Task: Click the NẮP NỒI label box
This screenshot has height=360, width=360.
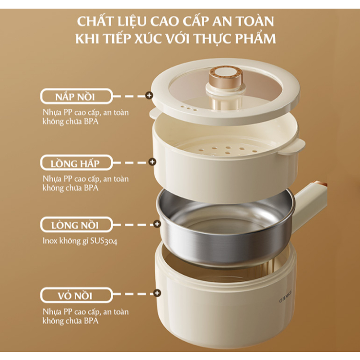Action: pyautogui.click(x=76, y=96)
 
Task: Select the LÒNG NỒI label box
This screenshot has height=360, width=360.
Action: pyautogui.click(x=76, y=224)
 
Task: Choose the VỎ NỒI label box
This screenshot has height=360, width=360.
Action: pyautogui.click(x=76, y=295)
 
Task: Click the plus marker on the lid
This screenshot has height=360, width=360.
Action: pyautogui.click(x=149, y=95)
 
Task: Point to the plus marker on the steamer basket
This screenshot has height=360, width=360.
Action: pyautogui.click(x=152, y=162)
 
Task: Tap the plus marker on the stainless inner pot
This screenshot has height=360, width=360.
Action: pyautogui.click(x=157, y=224)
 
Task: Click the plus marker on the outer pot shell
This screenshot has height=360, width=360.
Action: pyautogui.click(x=157, y=293)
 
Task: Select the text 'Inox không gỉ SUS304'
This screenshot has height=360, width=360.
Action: pyautogui.click(x=80, y=241)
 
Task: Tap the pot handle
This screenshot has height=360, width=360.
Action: pyautogui.click(x=311, y=205)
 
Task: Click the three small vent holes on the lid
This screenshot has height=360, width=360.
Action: pyautogui.click(x=189, y=108)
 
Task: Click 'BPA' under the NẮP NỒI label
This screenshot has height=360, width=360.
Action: pyautogui.click(x=91, y=121)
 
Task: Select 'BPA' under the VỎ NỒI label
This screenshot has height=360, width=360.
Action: pyautogui.click(x=91, y=321)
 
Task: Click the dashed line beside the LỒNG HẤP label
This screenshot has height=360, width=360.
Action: pyautogui.click(x=131, y=163)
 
